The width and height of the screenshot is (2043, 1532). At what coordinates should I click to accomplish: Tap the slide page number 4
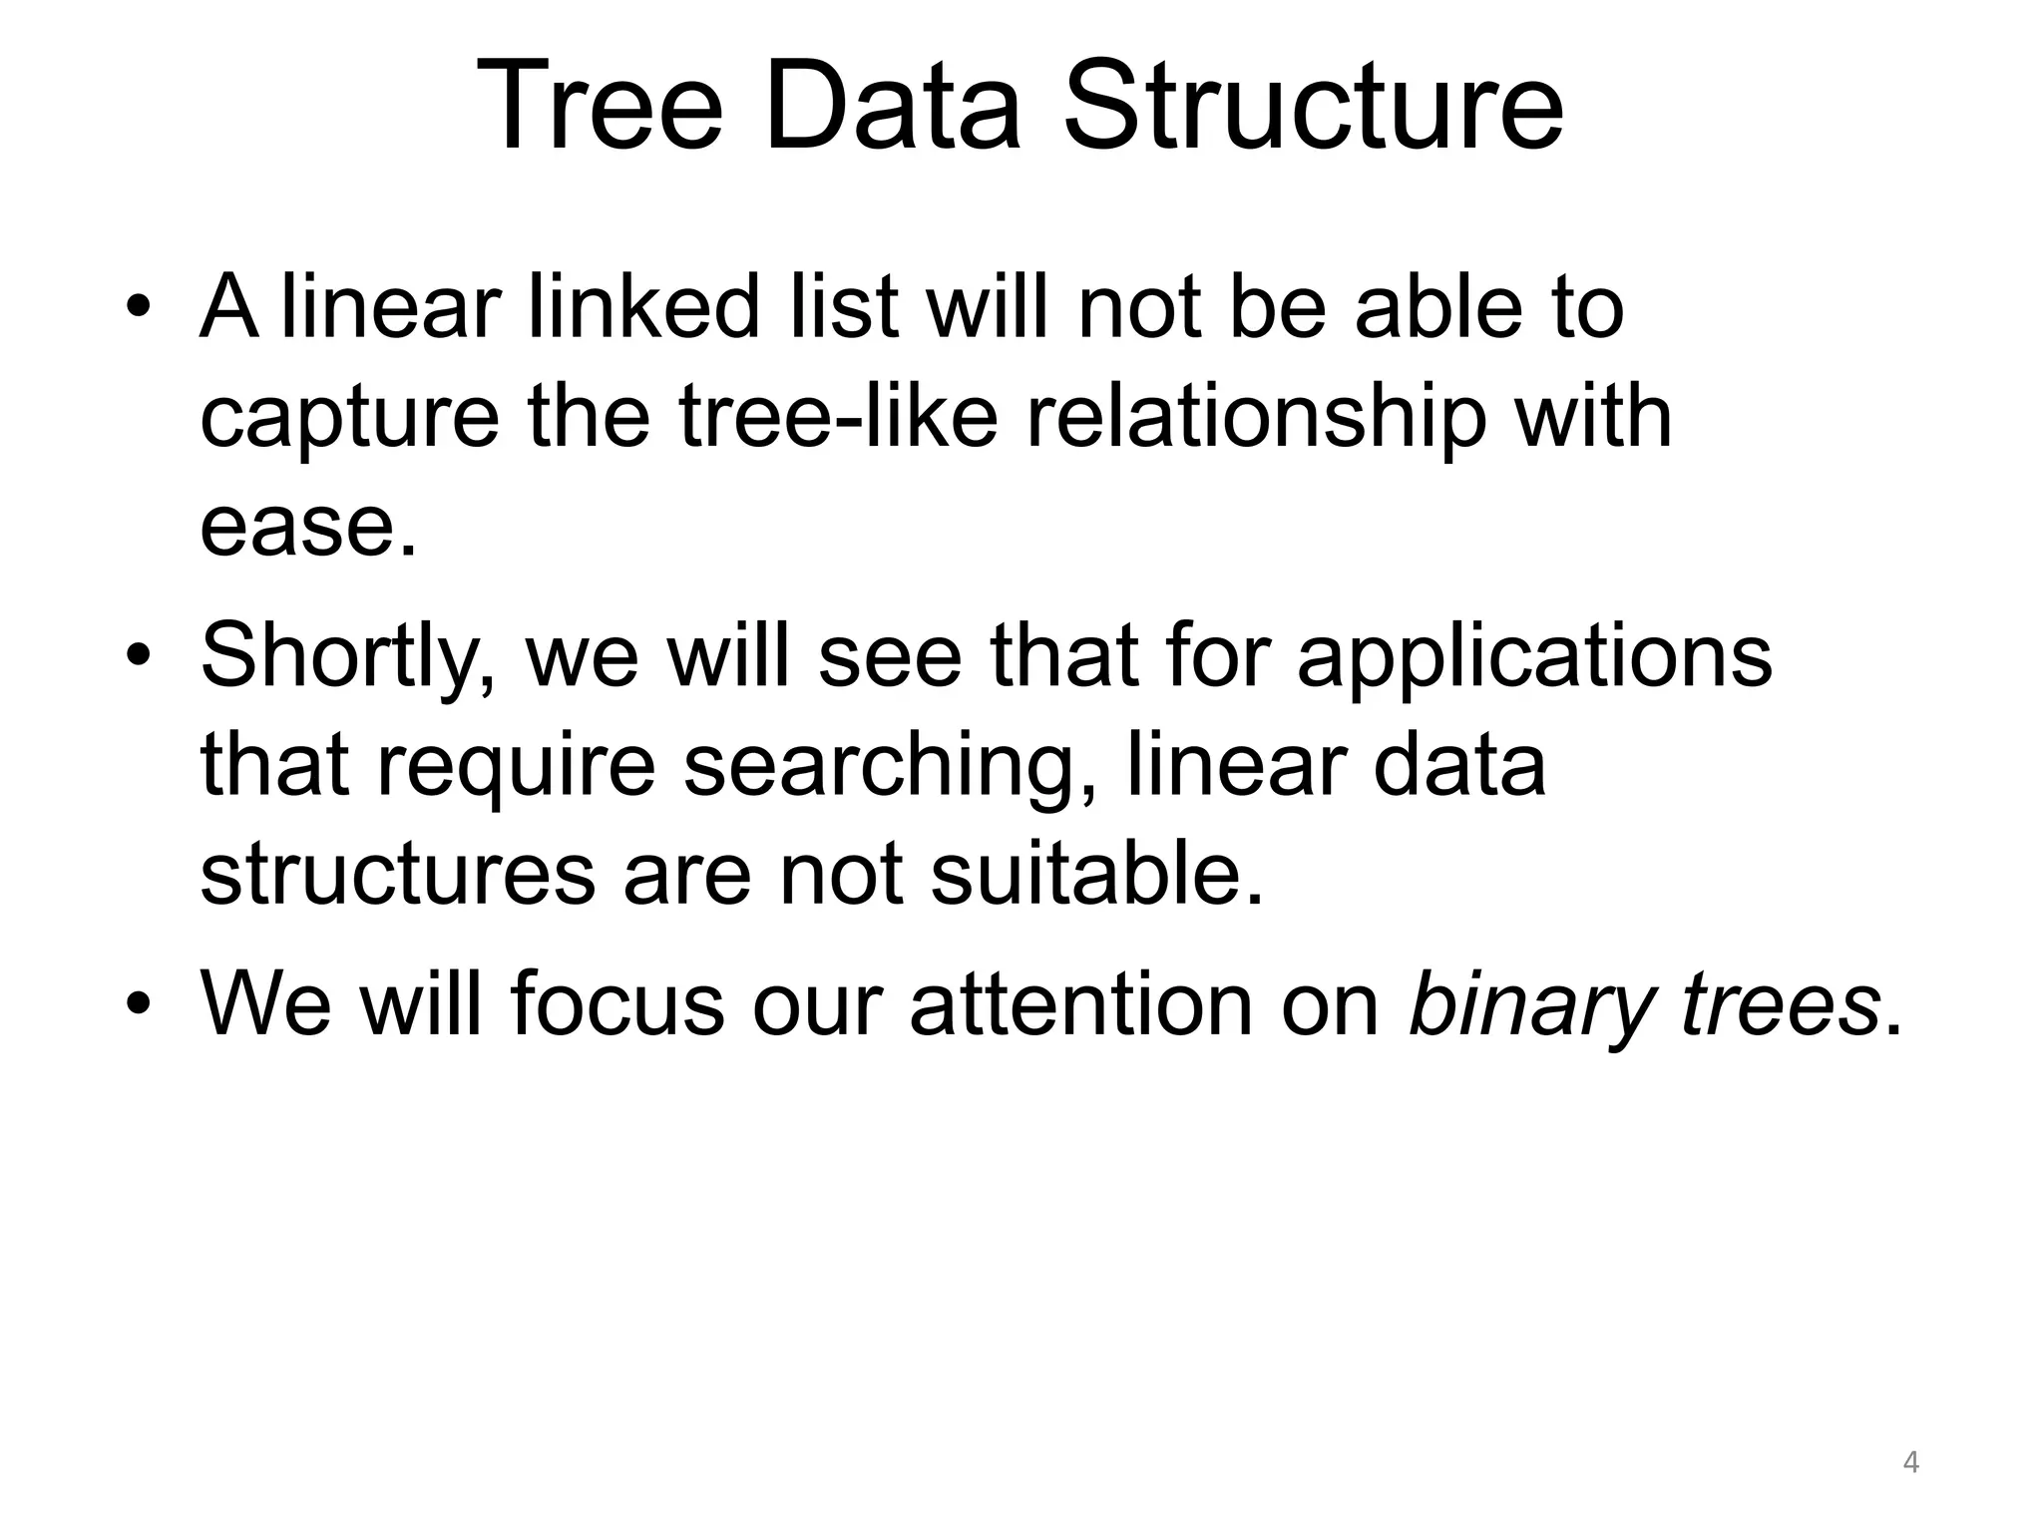[x=1910, y=1463]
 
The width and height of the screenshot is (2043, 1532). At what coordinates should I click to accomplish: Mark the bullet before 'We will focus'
[x=138, y=1003]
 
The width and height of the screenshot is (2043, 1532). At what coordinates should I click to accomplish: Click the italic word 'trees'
[x=1779, y=1003]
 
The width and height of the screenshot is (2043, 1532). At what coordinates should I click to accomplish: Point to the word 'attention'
[x=1080, y=1003]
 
